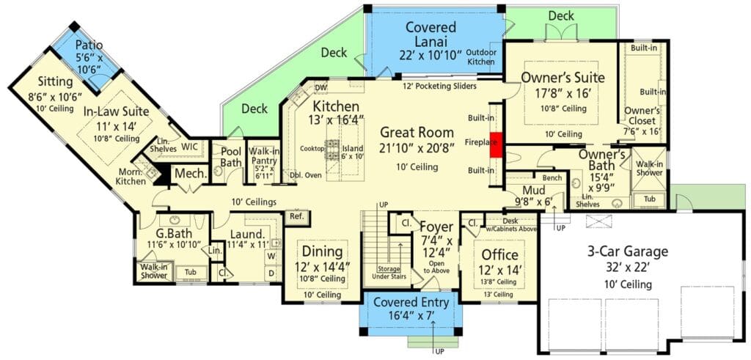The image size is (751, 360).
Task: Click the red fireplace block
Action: [x=496, y=144]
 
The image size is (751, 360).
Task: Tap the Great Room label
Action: [x=417, y=132]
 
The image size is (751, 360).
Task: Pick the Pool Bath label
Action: [x=231, y=157]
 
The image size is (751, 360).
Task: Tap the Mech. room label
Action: [x=191, y=174]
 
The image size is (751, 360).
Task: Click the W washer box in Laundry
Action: [x=271, y=256]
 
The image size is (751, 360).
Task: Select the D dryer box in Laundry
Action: [x=271, y=273]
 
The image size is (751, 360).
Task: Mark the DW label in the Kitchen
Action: [x=320, y=87]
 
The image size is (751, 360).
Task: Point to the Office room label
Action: [x=499, y=254]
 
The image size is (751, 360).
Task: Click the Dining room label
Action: [x=322, y=251]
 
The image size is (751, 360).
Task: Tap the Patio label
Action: [x=89, y=45]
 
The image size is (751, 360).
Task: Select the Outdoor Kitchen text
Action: [x=481, y=57]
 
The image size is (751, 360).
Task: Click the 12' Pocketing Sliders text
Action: [x=439, y=87]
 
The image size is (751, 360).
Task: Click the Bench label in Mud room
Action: [x=552, y=178]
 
